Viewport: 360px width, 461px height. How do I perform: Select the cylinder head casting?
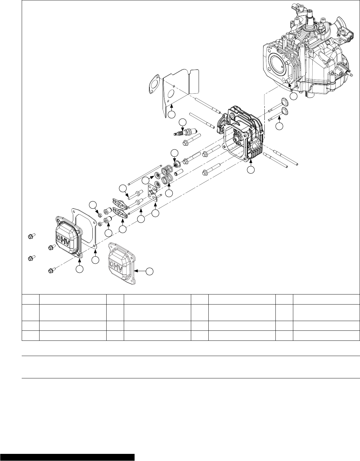click(240, 136)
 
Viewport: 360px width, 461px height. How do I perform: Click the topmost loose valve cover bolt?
click(31, 236)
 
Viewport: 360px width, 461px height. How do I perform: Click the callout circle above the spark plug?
click(183, 122)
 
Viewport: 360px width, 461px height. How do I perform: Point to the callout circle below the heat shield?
click(171, 114)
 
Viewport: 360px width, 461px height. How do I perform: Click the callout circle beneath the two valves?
click(279, 127)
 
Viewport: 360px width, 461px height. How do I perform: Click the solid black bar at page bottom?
click(67, 457)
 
